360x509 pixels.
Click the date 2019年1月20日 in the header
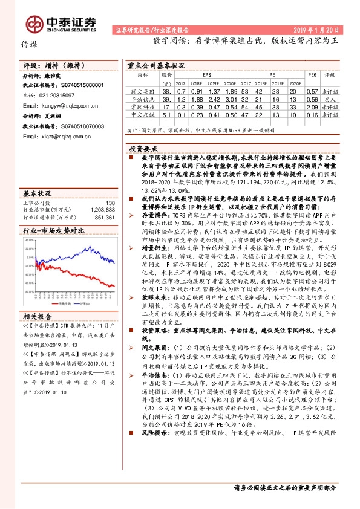pos(321,29)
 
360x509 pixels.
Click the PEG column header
pos(312,75)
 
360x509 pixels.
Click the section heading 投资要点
pos(143,148)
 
